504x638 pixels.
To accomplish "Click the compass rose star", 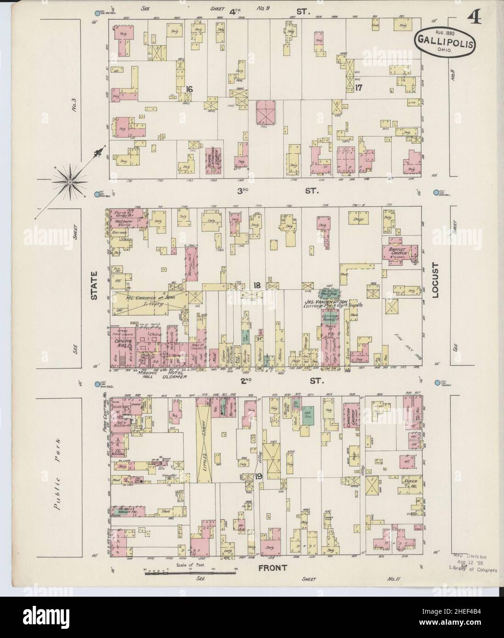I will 70,182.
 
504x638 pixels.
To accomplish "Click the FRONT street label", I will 272,568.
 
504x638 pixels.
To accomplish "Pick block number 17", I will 359,87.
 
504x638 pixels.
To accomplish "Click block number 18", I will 257,285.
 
